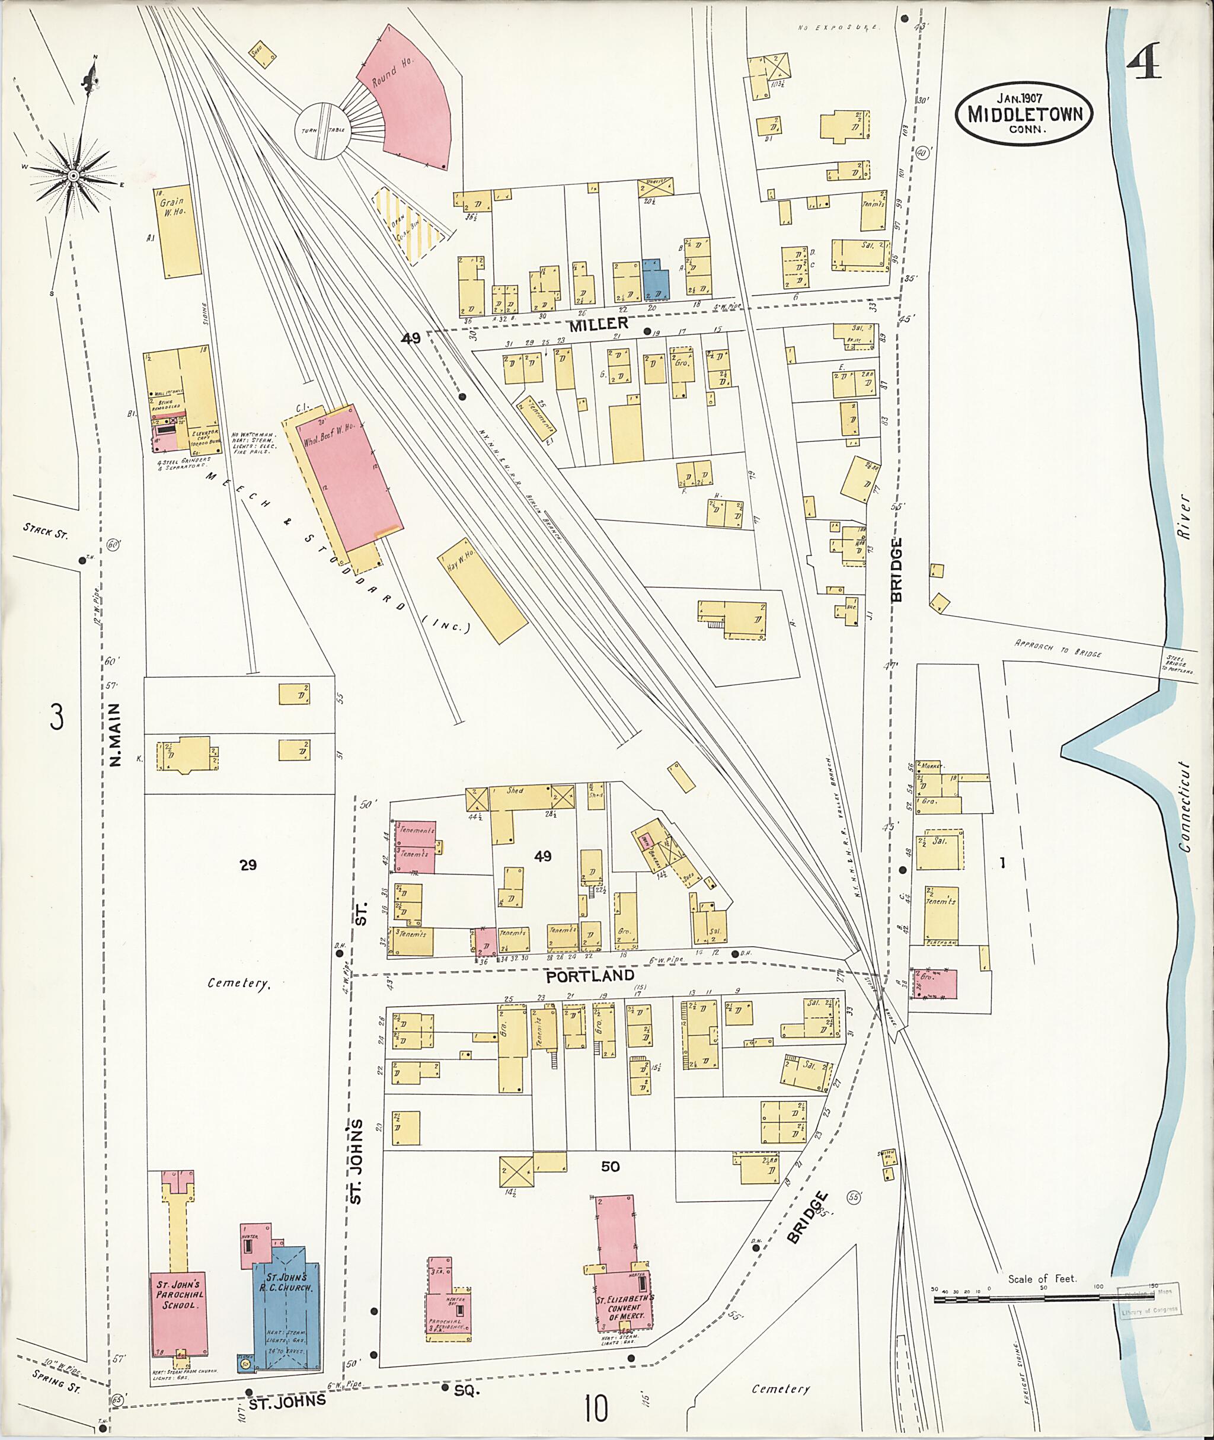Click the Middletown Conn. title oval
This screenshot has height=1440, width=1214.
point(1023,114)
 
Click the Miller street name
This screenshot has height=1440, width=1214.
point(598,324)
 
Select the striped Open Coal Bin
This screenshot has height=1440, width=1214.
point(408,227)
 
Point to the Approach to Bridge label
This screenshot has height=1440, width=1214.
point(1058,648)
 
